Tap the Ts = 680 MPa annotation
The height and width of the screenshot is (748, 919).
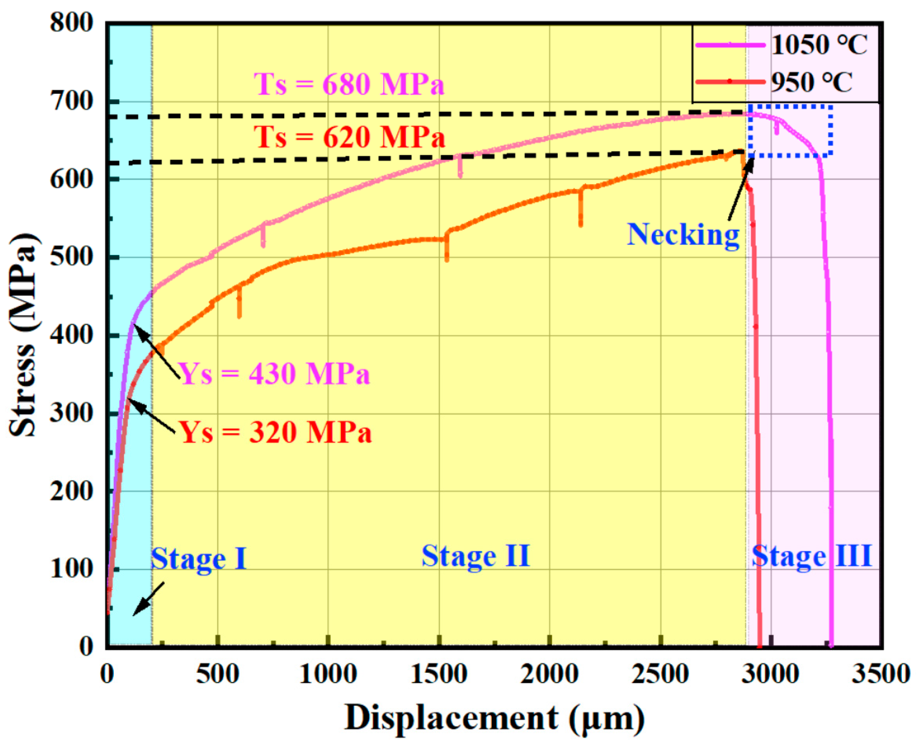tap(349, 85)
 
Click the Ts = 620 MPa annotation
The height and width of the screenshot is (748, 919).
tap(349, 137)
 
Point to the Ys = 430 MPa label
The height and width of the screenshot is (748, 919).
tap(274, 373)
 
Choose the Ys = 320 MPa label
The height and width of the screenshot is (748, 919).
tap(275, 432)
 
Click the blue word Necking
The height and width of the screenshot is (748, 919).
tap(683, 234)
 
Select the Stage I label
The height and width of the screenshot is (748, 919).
tap(198, 559)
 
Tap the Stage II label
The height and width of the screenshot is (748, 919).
tap(476, 556)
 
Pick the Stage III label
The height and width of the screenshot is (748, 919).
tap(811, 556)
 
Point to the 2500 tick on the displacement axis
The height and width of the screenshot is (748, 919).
tap(660, 674)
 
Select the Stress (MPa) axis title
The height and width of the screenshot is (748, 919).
tap(23, 334)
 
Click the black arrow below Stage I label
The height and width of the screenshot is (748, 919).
tap(149, 599)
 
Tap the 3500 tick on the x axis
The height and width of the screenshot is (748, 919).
tap(880, 674)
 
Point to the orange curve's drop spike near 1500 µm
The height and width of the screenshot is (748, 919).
tap(447, 248)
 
